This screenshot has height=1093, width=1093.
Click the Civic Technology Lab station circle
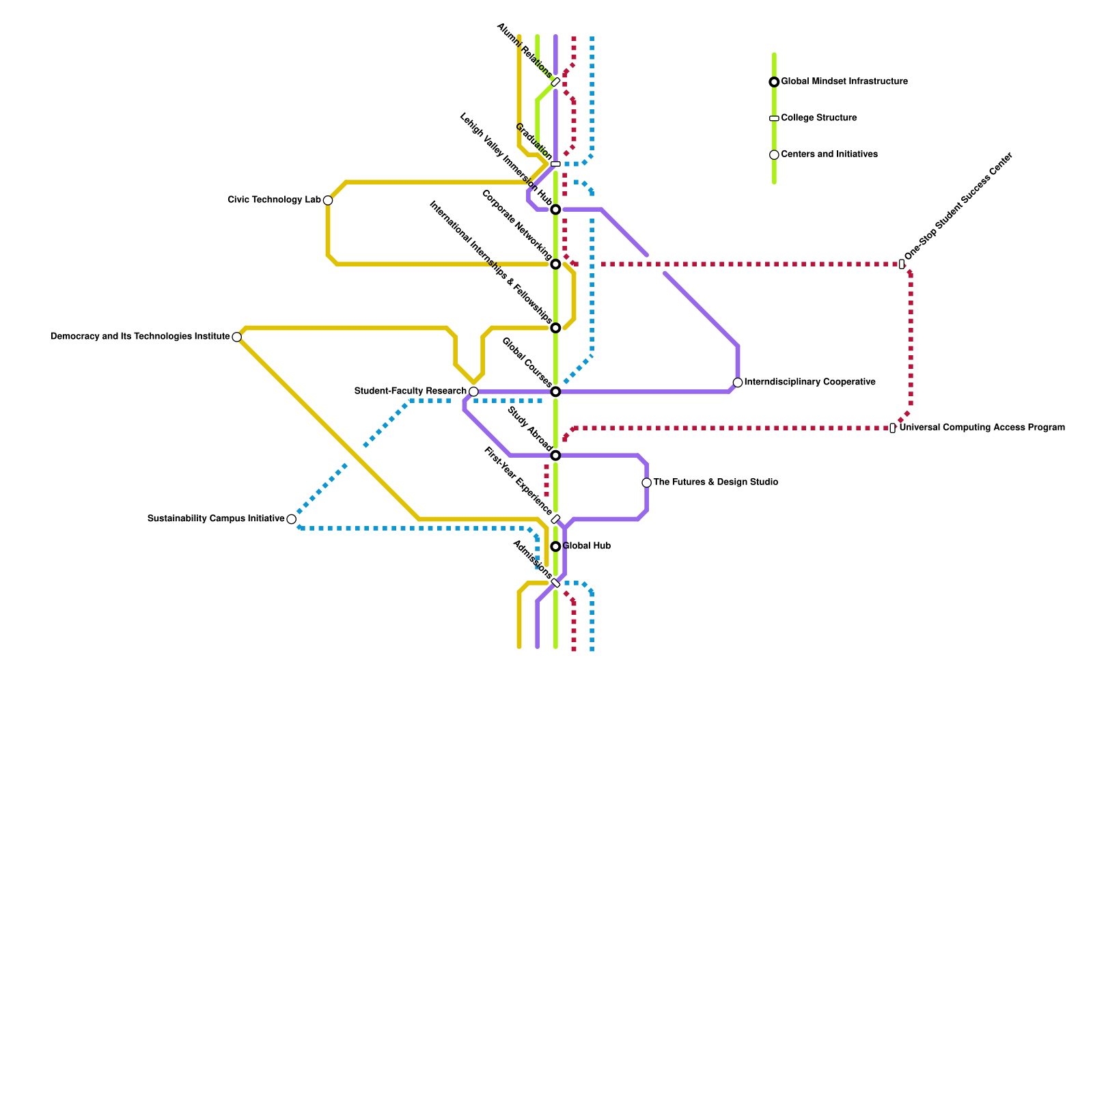point(328,200)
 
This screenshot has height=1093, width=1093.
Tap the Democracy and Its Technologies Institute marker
point(236,337)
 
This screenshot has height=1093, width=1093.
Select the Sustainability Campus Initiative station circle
point(292,519)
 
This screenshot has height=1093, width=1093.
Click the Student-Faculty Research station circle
point(473,391)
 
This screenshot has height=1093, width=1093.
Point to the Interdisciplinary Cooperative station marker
point(738,383)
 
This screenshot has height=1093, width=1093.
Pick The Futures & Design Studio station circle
point(647,483)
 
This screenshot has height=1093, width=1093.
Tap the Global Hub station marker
point(556,546)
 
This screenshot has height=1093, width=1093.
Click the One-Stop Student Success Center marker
point(902,264)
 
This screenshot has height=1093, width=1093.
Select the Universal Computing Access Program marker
point(893,428)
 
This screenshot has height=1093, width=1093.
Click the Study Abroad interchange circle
point(556,456)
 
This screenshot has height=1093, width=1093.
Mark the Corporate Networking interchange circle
point(556,264)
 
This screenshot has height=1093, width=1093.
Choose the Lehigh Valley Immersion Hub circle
point(556,210)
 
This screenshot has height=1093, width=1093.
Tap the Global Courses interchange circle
point(556,391)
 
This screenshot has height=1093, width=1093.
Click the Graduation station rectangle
point(556,164)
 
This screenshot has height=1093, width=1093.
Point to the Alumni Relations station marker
point(556,82)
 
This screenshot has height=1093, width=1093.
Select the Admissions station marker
point(556,583)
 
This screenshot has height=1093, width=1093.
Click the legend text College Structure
point(818,118)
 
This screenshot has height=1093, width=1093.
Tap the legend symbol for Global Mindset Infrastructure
point(774,82)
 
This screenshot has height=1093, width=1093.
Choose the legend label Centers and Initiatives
point(829,154)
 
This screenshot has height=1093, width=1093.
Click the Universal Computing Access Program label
point(982,428)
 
